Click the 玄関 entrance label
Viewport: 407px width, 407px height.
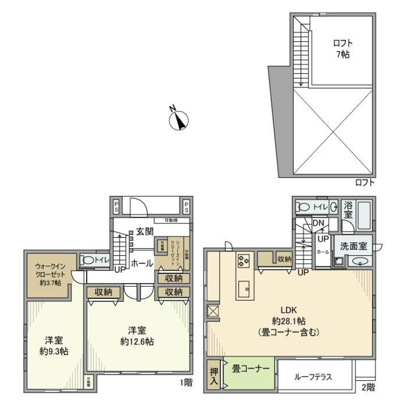pyautogui.click(x=145, y=231)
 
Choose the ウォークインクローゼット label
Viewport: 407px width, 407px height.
pyautogui.click(x=50, y=275)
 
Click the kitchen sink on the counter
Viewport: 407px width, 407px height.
pyautogui.click(x=245, y=290)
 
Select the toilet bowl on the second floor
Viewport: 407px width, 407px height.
pyautogui.click(x=305, y=207)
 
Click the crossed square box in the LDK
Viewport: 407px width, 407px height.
pyautogui.click(x=212, y=312)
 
